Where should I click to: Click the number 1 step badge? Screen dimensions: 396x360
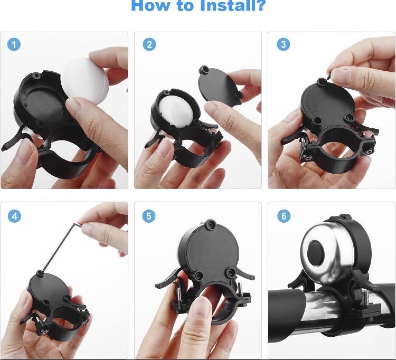coord(14,44)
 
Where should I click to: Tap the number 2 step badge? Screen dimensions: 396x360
coord(149,44)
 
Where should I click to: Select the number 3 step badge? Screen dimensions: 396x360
coord(284,44)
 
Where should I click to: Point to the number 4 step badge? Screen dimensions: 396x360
coord(14,216)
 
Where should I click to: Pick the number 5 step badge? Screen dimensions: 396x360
coord(149,216)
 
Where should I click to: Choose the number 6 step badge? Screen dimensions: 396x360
coord(284,216)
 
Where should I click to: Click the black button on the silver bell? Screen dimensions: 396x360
coord(316,252)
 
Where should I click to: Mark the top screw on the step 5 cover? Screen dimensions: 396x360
coord(210,224)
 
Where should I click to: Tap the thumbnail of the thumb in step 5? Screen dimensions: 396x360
coord(201,306)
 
